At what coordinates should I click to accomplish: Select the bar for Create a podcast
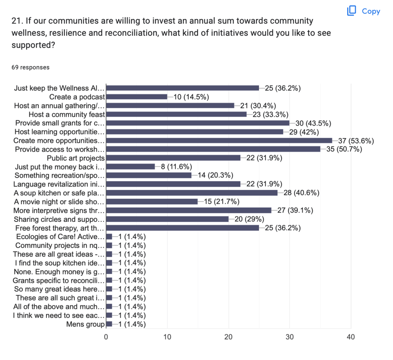[x=136, y=97]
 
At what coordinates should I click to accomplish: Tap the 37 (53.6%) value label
[x=356, y=140]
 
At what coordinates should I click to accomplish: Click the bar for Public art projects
[x=173, y=158]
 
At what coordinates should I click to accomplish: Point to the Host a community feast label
[x=67, y=114]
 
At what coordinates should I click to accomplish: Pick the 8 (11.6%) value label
[x=176, y=167]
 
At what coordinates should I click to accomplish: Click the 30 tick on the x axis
[x=290, y=337]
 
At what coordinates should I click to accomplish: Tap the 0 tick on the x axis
[x=106, y=337]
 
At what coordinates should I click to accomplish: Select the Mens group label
[x=85, y=324]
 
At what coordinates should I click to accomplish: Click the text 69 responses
[x=30, y=67]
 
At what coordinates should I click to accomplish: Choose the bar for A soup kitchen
[x=191, y=193]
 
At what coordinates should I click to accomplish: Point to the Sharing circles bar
[x=167, y=219]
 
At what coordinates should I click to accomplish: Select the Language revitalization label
[x=59, y=184]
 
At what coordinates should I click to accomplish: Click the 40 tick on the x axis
[x=351, y=337]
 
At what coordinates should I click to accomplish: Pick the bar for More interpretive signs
[x=188, y=210]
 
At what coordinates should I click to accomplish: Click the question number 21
[x=17, y=21]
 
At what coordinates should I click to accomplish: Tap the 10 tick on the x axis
[x=167, y=337]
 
